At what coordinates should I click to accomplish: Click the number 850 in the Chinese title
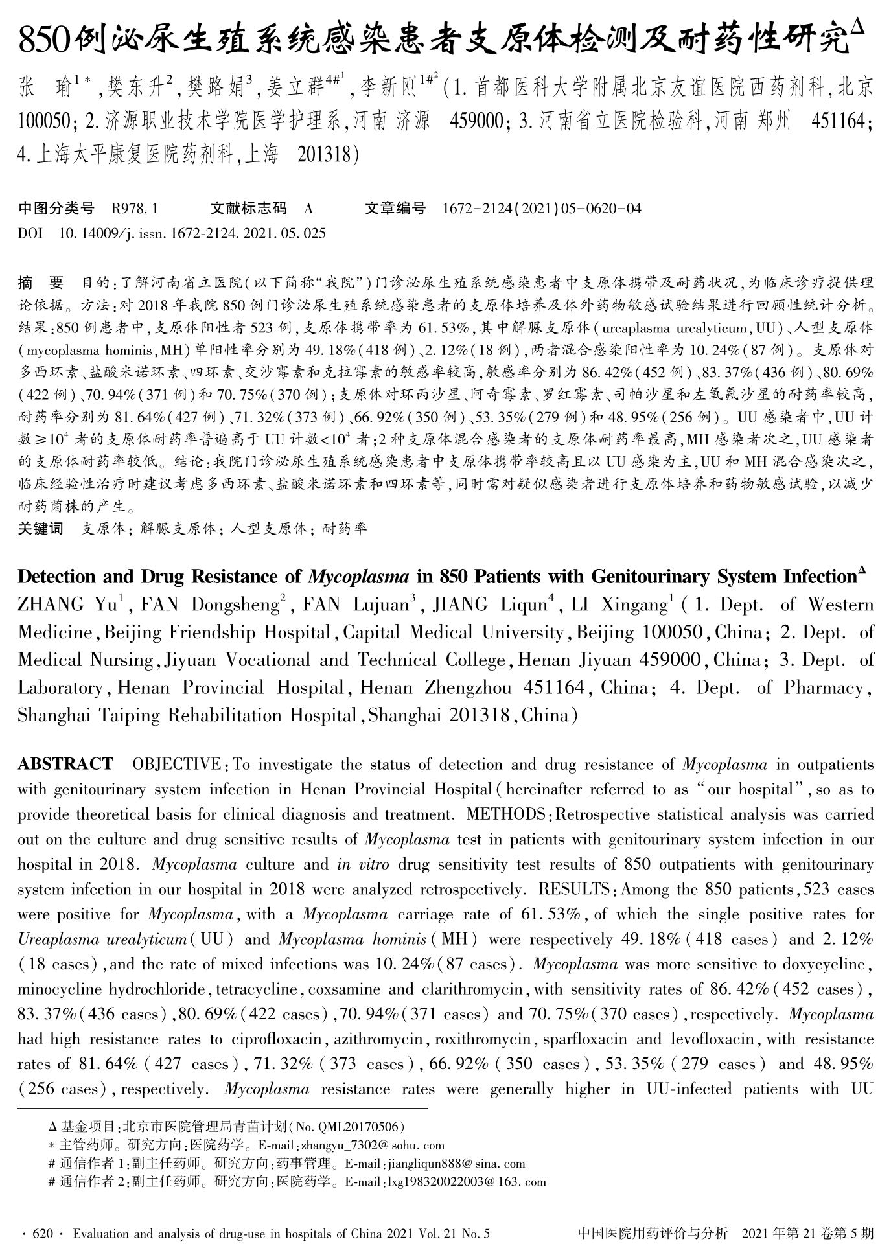44,41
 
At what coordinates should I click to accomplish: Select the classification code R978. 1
134,209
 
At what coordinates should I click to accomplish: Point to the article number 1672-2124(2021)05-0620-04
542,209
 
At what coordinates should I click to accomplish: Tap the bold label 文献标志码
249,209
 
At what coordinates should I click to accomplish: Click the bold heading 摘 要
41,283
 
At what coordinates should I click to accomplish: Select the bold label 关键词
41,529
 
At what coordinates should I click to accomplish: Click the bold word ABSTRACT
65,765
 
